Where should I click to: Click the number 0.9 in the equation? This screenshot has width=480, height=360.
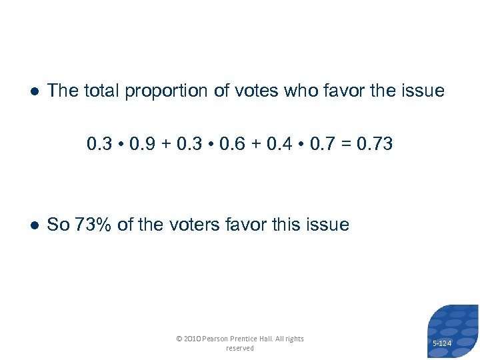point(142,143)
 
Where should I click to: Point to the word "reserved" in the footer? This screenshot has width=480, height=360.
point(240,348)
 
